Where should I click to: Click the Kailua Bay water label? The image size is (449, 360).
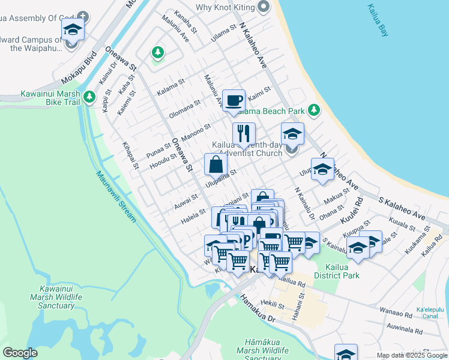[x=377, y=21]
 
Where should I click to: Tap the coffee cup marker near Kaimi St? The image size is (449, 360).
[x=234, y=100]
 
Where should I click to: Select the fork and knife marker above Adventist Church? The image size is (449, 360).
[x=244, y=133]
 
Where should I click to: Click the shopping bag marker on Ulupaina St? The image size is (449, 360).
[x=215, y=164]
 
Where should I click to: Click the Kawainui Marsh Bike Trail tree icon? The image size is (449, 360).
[x=89, y=96]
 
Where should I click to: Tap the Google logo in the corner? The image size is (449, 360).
[x=20, y=353]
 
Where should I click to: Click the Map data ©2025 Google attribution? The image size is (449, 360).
[x=411, y=355]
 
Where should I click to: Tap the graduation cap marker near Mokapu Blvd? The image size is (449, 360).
[x=73, y=28]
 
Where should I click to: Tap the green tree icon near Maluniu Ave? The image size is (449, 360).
[x=158, y=53]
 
